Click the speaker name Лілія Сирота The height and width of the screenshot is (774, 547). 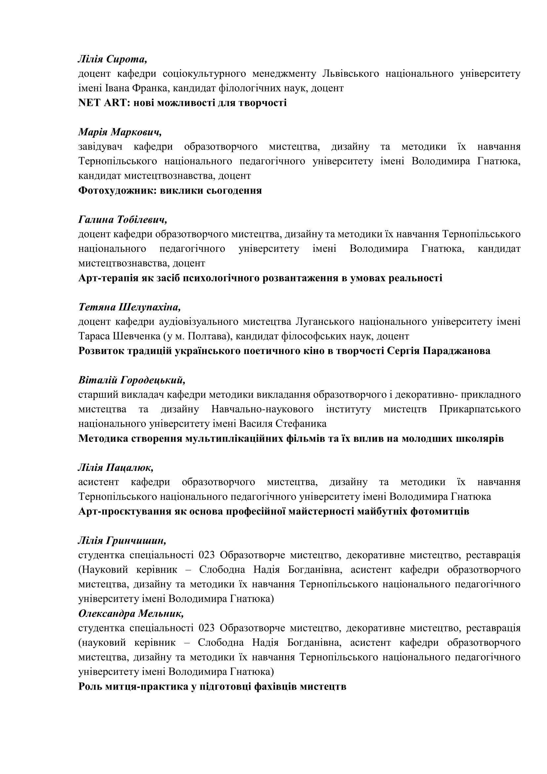[x=112, y=59]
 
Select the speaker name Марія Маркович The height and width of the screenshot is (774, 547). [x=120, y=132]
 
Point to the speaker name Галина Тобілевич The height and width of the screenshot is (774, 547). [x=123, y=220]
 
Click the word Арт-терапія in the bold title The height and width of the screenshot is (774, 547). [x=107, y=278]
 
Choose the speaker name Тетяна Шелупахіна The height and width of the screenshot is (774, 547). [x=129, y=307]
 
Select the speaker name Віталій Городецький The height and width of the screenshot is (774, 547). [x=132, y=380]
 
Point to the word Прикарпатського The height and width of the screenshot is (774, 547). [x=480, y=409]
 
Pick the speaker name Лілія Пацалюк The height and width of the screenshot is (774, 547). [x=116, y=468]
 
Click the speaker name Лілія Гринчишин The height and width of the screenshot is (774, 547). [x=122, y=540]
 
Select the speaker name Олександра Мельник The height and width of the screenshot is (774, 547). [x=131, y=614]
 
